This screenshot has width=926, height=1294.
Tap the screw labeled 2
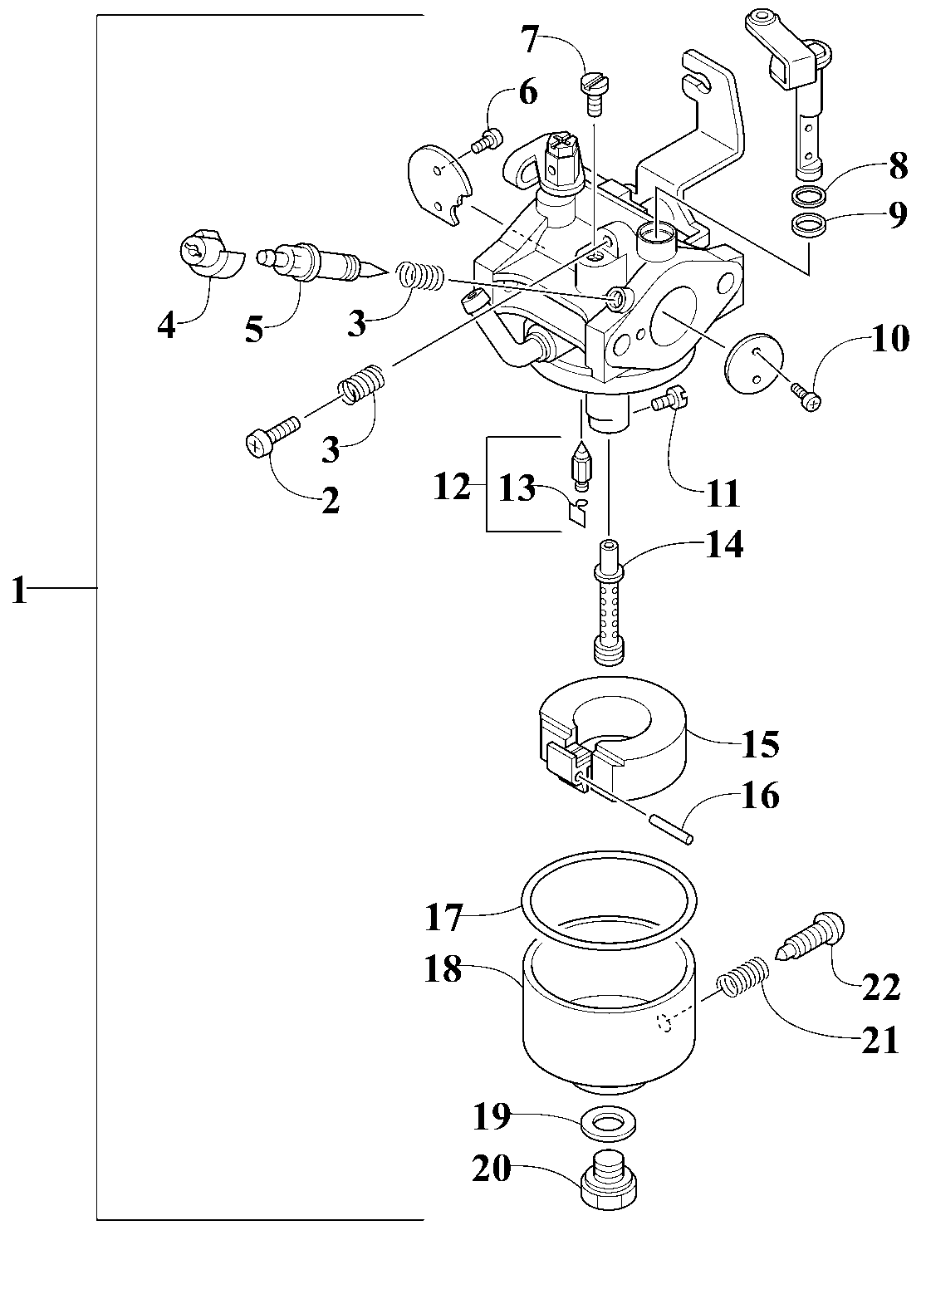(272, 437)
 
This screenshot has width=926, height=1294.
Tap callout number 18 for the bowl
(443, 969)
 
